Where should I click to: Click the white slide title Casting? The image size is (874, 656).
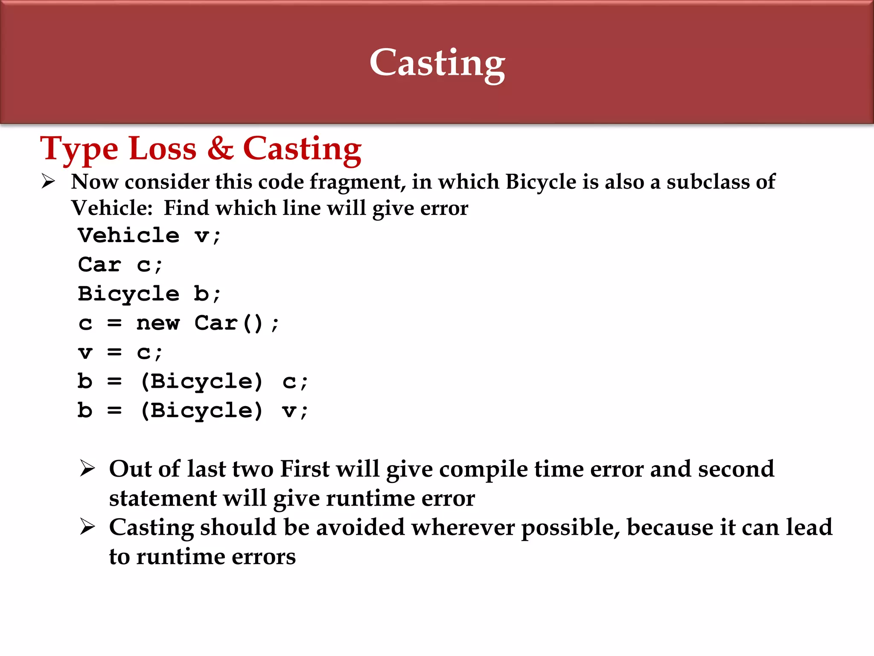(437, 63)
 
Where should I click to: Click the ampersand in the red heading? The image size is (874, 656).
(220, 149)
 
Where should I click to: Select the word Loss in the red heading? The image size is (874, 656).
(163, 149)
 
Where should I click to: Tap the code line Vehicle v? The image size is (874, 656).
(149, 236)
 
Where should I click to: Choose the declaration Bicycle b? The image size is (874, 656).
(149, 294)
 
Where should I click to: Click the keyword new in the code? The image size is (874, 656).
(158, 323)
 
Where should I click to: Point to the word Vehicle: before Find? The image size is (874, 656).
(112, 208)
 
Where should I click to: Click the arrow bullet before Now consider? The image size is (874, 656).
(48, 182)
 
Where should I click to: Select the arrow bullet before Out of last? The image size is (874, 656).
(87, 469)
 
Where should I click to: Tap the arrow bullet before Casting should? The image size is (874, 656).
(87, 527)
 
